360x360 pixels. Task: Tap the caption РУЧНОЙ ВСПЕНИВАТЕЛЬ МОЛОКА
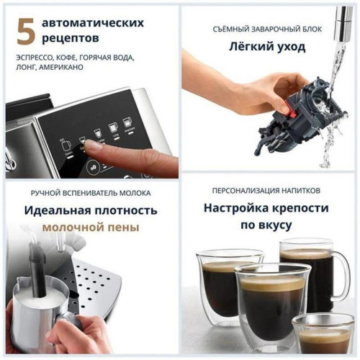point(91,193)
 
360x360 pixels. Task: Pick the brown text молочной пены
point(91,228)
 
